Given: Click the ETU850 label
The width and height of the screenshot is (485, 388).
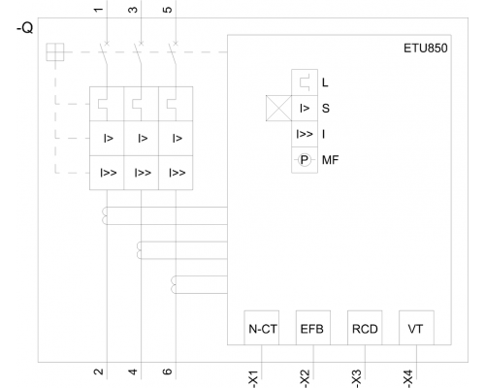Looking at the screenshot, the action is click(426, 48).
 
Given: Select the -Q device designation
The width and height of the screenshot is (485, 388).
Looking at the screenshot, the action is click(24, 28).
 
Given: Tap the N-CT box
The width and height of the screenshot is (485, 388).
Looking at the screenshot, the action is click(262, 328).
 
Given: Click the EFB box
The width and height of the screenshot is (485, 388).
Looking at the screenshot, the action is click(313, 328).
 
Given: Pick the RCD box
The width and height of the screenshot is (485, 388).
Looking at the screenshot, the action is click(365, 328).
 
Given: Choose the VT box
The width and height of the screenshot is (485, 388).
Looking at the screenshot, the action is click(416, 328).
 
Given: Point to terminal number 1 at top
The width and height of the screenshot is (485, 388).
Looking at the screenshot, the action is click(98, 9).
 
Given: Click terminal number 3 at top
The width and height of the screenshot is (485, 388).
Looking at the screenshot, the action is click(133, 10).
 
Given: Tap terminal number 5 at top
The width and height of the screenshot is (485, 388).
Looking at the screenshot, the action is click(168, 10).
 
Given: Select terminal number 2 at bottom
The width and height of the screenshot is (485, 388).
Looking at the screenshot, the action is click(98, 372).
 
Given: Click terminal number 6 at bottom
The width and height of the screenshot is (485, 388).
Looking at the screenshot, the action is click(168, 372).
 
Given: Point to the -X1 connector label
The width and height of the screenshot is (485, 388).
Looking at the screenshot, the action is click(253, 378).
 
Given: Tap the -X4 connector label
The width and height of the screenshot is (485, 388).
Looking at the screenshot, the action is click(408, 378).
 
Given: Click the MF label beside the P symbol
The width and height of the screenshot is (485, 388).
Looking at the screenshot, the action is click(330, 160).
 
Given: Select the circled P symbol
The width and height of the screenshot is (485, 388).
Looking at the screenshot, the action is click(304, 160).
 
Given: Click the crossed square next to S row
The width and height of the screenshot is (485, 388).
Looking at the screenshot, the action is click(278, 108).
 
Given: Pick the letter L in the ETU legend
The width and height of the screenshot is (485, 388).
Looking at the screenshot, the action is click(325, 82).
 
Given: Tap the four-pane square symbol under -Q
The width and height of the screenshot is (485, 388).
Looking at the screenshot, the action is click(55, 51).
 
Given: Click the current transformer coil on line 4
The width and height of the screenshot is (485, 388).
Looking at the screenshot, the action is click(140, 250).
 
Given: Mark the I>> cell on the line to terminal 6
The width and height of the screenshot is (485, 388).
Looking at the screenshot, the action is click(176, 173).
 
